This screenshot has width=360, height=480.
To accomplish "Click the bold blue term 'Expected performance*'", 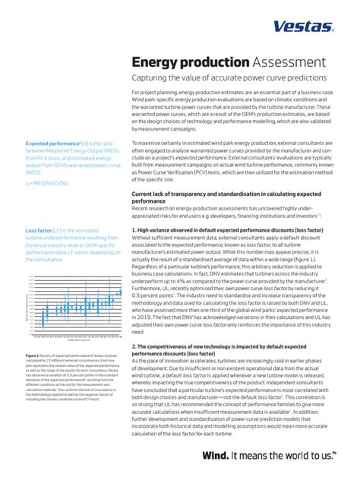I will point(55,143).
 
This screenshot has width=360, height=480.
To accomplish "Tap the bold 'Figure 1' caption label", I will point(33,355).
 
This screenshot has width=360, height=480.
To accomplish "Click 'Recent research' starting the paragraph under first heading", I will point(155,208).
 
